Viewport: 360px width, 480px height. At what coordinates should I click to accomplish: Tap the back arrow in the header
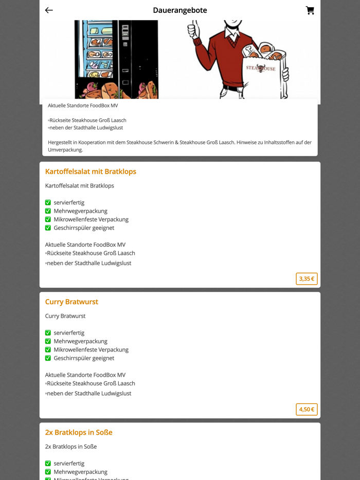(49, 10)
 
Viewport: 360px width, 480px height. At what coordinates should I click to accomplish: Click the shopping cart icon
(310, 10)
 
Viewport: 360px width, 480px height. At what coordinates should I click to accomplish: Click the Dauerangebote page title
(179, 10)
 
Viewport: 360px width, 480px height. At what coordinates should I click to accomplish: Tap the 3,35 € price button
(307, 279)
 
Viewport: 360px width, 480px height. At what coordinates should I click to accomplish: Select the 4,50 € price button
(307, 409)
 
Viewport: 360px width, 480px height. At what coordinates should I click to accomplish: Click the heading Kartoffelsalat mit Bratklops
(91, 172)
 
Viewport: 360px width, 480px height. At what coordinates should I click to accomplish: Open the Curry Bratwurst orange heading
(71, 302)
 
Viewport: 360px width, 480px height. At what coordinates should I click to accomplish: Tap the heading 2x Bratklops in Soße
(79, 432)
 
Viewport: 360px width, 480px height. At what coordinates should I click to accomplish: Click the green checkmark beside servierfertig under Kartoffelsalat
(48, 202)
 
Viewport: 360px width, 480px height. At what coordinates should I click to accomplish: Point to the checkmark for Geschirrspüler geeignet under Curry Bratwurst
(48, 358)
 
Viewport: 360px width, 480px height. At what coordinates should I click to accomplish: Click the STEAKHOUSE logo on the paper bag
(260, 68)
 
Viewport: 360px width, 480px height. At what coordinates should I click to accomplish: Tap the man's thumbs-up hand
(194, 31)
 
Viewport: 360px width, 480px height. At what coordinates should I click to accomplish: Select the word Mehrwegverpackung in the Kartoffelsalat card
(80, 211)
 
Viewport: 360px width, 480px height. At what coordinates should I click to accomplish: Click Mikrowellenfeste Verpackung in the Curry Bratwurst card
(91, 349)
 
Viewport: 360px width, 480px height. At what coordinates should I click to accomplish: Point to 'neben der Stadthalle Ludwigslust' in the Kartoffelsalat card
(88, 263)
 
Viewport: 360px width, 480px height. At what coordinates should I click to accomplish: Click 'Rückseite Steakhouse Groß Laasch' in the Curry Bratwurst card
(91, 383)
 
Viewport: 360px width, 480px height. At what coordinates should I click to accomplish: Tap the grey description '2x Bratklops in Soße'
(71, 447)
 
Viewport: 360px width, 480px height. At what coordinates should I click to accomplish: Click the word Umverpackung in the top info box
(65, 150)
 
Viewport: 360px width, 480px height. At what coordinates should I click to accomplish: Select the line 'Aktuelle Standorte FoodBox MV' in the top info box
(83, 106)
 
